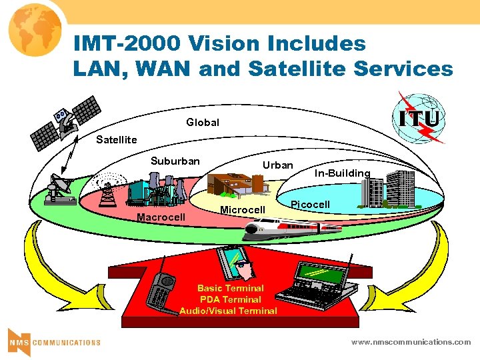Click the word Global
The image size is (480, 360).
pyautogui.click(x=202, y=123)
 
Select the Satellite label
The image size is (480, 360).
pyautogui.click(x=116, y=139)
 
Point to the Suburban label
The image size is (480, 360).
pyautogui.click(x=175, y=161)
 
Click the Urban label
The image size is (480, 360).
pyautogui.click(x=277, y=165)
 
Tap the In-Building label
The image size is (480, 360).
pyautogui.click(x=343, y=173)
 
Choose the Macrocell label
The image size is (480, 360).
pyautogui.click(x=161, y=217)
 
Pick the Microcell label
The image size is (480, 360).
pyautogui.click(x=243, y=210)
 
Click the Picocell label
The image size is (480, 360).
pyautogui.click(x=310, y=203)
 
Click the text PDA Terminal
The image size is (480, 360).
pyautogui.click(x=230, y=299)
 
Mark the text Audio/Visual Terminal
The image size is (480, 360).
pyautogui.click(x=228, y=311)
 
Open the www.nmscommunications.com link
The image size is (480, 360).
pyautogui.click(x=411, y=341)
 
